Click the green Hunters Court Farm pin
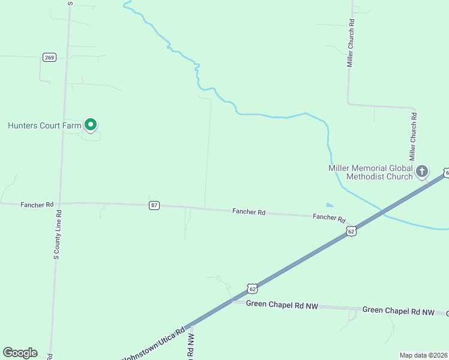click(91, 124)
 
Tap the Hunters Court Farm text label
click(44, 125)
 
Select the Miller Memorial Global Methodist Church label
click(370, 172)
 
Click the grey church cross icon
click(422, 172)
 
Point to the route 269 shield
click(49, 58)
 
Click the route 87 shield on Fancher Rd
click(154, 205)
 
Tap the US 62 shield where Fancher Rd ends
click(351, 230)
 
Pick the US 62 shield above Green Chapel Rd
click(253, 289)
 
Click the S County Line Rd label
click(57, 234)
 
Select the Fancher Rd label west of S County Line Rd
click(37, 205)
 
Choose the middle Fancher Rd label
click(249, 212)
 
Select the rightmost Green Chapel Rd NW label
click(398, 311)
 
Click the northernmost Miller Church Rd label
click(351, 46)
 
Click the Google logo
click(20, 353)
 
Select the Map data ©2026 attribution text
click(424, 355)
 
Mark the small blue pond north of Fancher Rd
click(329, 205)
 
